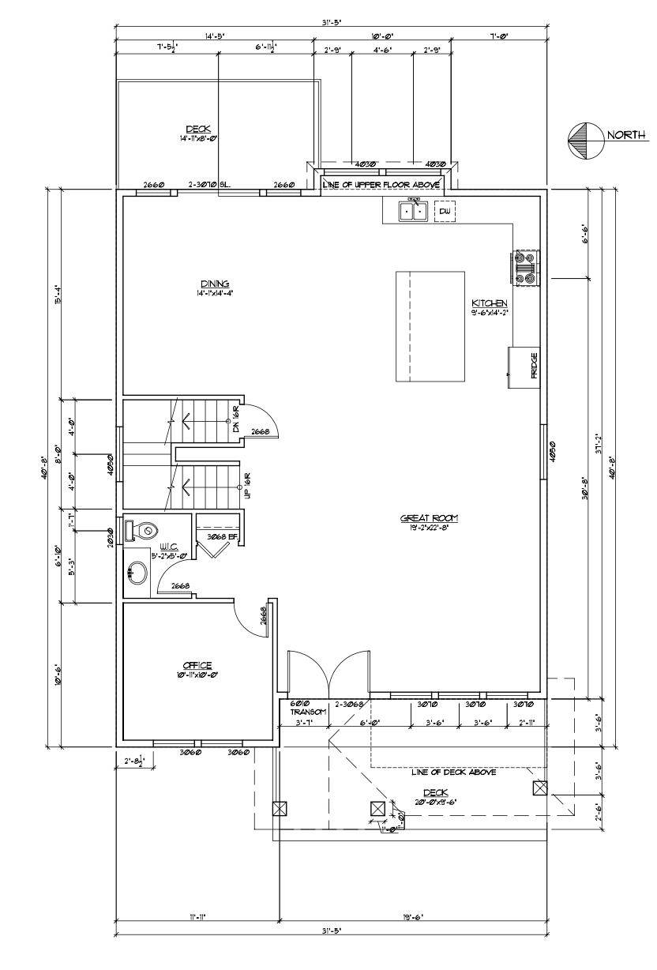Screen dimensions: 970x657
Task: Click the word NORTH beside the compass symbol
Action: [625, 135]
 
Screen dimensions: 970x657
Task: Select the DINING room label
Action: [214, 284]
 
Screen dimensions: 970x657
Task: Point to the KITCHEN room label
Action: [489, 303]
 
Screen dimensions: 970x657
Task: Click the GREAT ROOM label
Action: [429, 518]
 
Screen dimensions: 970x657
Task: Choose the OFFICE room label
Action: [197, 665]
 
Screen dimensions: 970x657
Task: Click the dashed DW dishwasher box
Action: [445, 211]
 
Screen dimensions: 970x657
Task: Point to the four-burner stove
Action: [525, 266]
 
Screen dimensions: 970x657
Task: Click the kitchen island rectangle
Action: [430, 326]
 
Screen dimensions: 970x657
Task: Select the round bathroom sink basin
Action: [137, 573]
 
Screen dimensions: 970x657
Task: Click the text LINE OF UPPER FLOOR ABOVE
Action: [382, 184]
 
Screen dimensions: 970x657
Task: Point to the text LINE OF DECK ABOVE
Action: [453, 773]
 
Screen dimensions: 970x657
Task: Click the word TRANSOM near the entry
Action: [303, 712]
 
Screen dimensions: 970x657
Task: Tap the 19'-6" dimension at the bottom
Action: [411, 917]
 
